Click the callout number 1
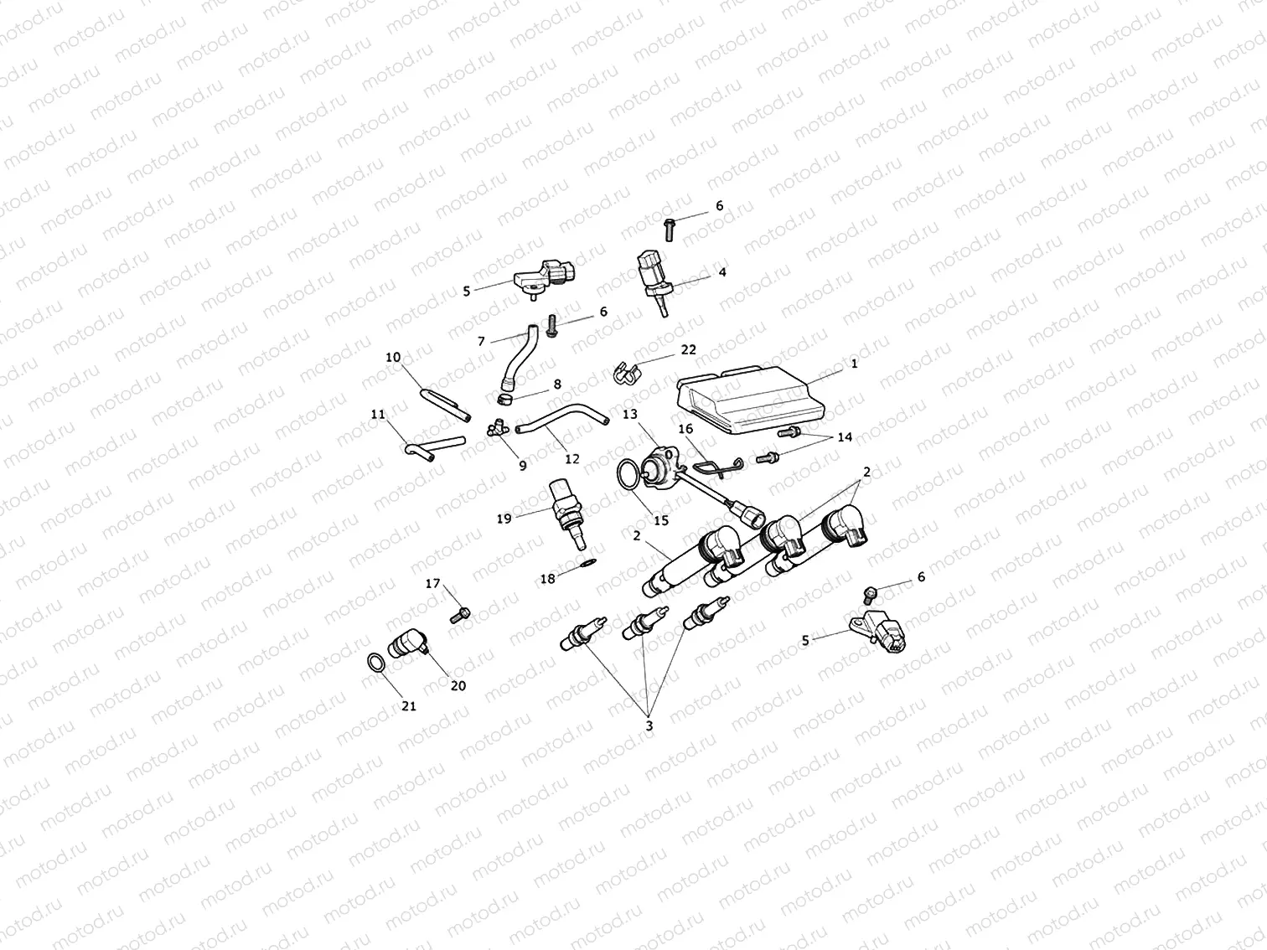pos(854,364)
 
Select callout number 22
pos(688,349)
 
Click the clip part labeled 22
pos(626,374)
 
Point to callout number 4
pos(721,271)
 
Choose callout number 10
pos(393,357)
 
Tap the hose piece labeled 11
pos(434,446)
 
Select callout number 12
pos(572,459)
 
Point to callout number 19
pos(504,519)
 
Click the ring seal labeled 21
pos(379,663)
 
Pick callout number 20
pos(458,685)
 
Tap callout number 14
pos(844,437)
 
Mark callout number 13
pos(630,414)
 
